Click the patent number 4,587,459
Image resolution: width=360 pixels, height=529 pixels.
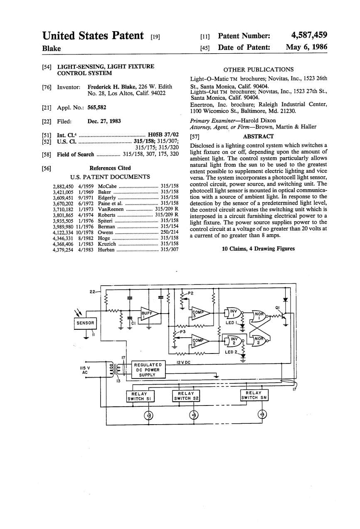pyautogui.click(x=306, y=36)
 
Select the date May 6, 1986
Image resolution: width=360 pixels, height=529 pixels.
pyautogui.click(x=306, y=48)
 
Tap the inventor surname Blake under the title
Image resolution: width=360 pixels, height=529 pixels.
pyautogui.click(x=52, y=48)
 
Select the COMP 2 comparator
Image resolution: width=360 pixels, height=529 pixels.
pyautogui.click(x=200, y=342)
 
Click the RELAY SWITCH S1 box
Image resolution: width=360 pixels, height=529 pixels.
pyautogui.click(x=140, y=396)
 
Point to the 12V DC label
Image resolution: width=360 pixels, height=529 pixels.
pyautogui.click(x=183, y=362)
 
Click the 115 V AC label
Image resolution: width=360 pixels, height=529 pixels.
pyautogui.click(x=85, y=370)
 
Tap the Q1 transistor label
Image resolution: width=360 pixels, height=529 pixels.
pyautogui.click(x=278, y=308)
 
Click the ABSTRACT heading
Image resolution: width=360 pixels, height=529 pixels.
pyautogui.click(x=258, y=136)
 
